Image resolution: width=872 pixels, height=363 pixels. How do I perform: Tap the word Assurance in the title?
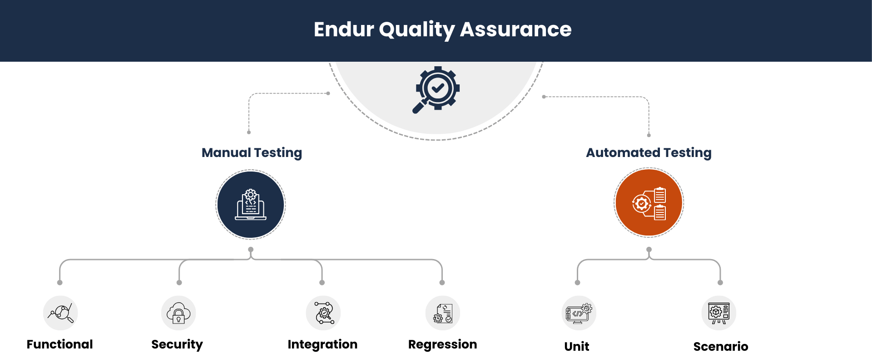515,29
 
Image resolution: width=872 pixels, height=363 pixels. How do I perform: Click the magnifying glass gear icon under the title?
436,90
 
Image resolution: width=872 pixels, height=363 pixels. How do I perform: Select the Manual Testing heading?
252,153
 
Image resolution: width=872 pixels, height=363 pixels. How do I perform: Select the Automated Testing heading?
649,153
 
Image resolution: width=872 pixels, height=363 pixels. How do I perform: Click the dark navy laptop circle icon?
251,205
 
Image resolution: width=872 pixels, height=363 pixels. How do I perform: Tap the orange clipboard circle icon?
649,203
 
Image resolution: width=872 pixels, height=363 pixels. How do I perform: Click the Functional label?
59,344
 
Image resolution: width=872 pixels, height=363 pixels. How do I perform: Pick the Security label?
177,344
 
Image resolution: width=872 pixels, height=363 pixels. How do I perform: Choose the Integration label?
322,344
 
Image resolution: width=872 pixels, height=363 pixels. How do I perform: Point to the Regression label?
442,344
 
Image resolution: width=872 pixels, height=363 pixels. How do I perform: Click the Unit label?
576,347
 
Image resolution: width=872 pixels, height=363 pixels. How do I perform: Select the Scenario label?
720,347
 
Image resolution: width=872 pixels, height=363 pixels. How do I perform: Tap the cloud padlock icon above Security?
178,313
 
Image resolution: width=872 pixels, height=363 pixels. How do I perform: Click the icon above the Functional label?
60,313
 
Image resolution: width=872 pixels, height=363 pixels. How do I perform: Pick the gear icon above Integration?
323,313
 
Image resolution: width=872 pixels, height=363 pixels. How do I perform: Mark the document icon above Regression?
443,313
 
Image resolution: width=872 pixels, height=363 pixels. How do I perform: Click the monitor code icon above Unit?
579,313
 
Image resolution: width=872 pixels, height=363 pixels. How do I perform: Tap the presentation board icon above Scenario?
718,313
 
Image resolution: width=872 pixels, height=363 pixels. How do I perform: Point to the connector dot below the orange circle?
649,250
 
